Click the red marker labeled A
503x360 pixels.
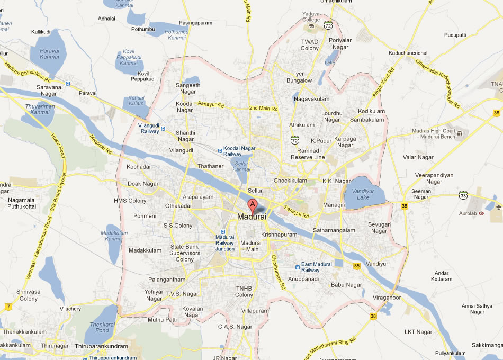pos(253,205)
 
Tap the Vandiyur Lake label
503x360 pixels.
pos(363,194)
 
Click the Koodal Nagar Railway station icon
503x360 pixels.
pos(219,151)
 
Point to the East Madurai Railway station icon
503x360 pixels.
pos(297,267)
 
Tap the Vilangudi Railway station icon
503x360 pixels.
pos(163,128)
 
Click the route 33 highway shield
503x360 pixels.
pos(463,195)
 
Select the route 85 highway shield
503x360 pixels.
pos(356,265)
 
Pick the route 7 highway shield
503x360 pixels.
pos(8,307)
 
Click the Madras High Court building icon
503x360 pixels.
pos(459,133)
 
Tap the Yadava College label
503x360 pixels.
pos(311,16)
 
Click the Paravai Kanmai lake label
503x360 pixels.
pos(49,53)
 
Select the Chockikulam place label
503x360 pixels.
pos(290,180)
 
